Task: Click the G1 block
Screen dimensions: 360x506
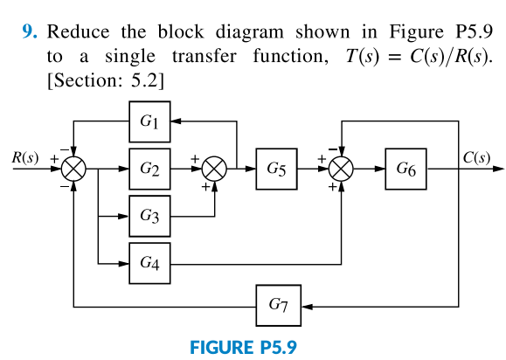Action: click(149, 122)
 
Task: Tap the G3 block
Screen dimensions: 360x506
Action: click(149, 216)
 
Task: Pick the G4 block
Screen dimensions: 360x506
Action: click(149, 262)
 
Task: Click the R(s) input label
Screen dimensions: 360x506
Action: click(24, 158)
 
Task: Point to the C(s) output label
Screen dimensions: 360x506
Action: click(476, 158)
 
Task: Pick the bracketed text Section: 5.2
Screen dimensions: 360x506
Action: click(107, 80)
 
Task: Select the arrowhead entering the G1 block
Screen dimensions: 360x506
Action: click(177, 122)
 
